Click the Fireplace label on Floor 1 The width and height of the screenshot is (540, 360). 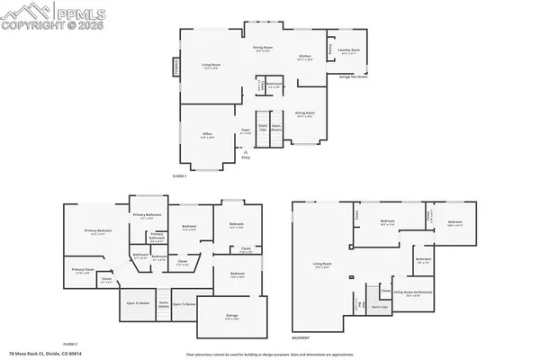pos(176,68)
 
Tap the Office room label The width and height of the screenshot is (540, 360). pos(205,136)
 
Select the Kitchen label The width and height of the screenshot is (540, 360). pos(305,58)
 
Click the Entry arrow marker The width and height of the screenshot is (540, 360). pos(246,154)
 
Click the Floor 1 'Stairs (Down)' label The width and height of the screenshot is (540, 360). pos(277,128)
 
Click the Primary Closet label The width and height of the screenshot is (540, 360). pos(83,271)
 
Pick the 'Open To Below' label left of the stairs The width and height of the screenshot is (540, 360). pos(138,303)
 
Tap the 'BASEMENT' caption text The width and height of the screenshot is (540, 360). pos(301,338)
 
